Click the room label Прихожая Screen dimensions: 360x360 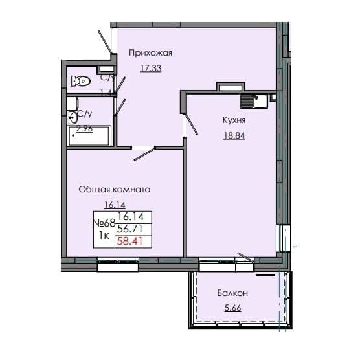point(150,53)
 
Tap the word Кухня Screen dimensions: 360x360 point(233,120)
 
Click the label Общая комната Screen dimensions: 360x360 point(115,190)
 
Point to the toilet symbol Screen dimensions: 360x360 point(81,82)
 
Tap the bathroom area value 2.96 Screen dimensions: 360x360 point(84,128)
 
